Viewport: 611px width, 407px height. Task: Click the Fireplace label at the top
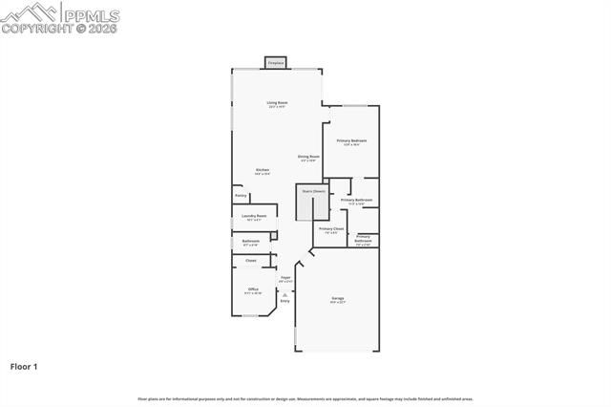pyautogui.click(x=276, y=63)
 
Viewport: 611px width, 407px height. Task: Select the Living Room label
pyautogui.click(x=278, y=102)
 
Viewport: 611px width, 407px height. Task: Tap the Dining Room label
pyautogui.click(x=308, y=157)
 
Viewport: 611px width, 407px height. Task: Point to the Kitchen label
pyautogui.click(x=262, y=170)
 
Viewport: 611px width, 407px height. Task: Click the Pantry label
pyautogui.click(x=241, y=196)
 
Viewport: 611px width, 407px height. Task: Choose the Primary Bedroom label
pyautogui.click(x=351, y=140)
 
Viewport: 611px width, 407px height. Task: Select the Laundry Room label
pyautogui.click(x=254, y=216)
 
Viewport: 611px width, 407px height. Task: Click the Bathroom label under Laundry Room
pyautogui.click(x=250, y=241)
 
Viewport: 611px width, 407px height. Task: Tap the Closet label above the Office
pyautogui.click(x=250, y=260)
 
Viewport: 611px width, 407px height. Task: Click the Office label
pyautogui.click(x=253, y=289)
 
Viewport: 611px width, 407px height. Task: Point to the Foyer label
pyautogui.click(x=284, y=277)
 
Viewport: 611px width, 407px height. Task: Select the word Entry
pyautogui.click(x=284, y=301)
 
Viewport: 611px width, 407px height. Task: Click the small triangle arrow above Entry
pyautogui.click(x=284, y=294)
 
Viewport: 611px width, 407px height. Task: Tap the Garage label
pyautogui.click(x=337, y=298)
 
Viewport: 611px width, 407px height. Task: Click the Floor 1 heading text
pyautogui.click(x=24, y=365)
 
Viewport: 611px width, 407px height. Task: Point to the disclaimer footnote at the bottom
pyautogui.click(x=305, y=398)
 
